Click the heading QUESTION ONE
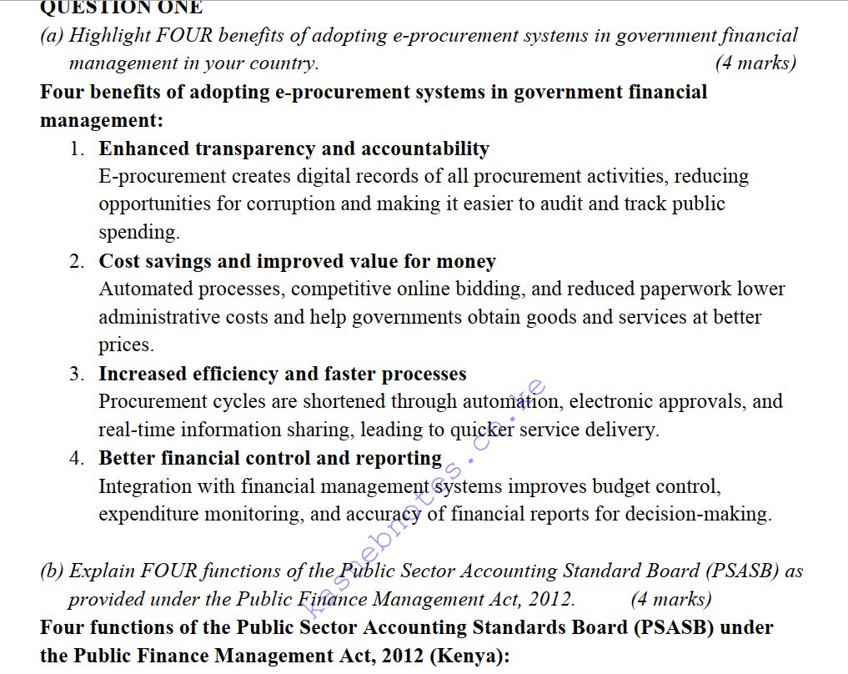click(121, 8)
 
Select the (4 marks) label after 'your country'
click(755, 63)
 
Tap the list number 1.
click(77, 149)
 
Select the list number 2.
click(77, 262)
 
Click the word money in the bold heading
click(466, 262)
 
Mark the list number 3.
click(77, 375)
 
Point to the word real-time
click(137, 430)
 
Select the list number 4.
click(77, 459)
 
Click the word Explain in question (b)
click(103, 571)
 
